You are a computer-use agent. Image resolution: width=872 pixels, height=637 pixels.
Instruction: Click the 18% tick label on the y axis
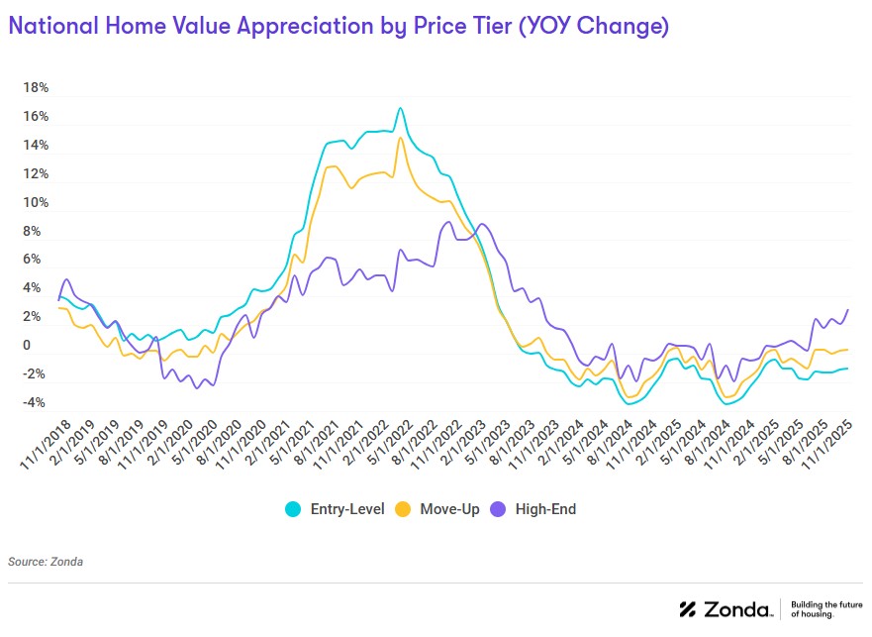click(x=36, y=88)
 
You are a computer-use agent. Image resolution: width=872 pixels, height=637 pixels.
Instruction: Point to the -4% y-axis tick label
click(x=33, y=403)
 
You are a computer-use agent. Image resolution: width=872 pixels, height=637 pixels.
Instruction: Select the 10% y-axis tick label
click(x=36, y=203)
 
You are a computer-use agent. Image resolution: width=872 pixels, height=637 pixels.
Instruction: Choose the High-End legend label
click(x=544, y=509)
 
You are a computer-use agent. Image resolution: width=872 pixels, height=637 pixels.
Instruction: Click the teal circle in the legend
click(x=293, y=509)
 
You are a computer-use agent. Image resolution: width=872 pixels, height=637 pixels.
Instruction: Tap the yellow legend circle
click(x=404, y=509)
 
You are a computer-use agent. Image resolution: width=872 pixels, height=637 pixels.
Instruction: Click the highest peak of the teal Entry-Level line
click(x=400, y=108)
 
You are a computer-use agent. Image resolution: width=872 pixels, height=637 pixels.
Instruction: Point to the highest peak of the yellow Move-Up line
click(x=400, y=137)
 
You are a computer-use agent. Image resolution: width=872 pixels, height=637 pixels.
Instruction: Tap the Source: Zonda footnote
click(x=46, y=562)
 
